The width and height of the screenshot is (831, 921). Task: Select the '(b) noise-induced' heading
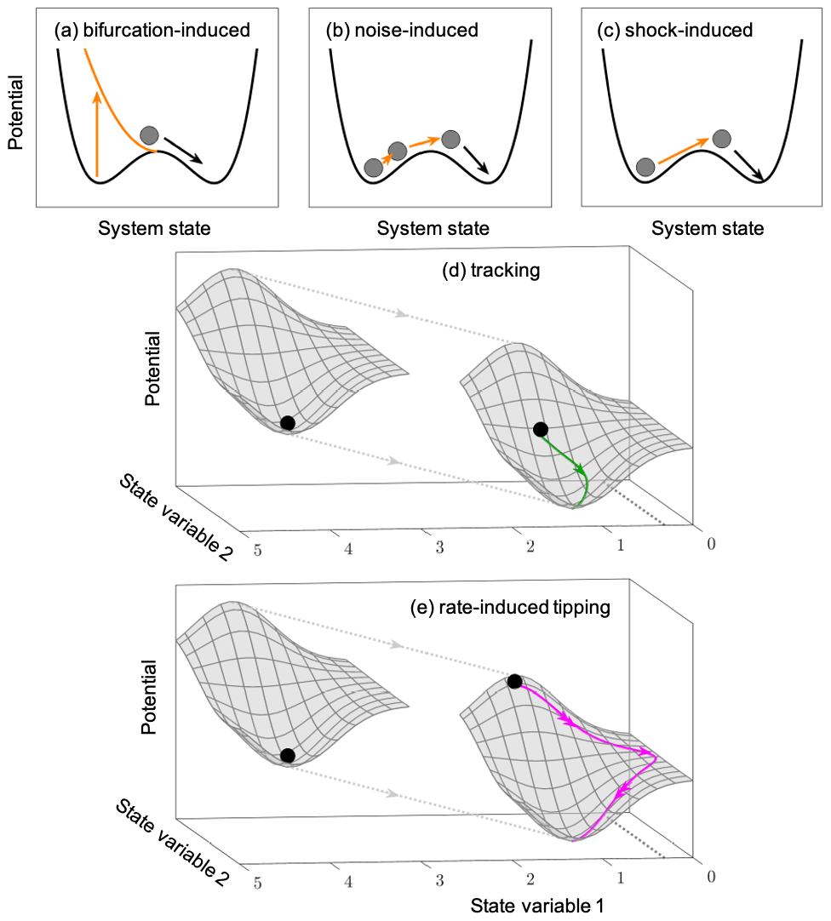pos(402,31)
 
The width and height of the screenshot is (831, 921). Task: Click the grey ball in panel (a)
pos(150,134)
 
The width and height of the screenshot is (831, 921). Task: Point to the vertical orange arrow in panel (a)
pos(97,136)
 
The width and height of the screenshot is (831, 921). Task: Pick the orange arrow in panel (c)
pos(682,149)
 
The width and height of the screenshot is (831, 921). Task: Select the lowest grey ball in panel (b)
pos(373,168)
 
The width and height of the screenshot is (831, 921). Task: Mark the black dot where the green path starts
pos(540,429)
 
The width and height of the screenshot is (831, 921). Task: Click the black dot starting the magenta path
pos(514,681)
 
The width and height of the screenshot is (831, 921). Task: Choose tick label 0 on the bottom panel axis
pos(711,877)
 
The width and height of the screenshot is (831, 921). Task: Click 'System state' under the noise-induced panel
pos(433,228)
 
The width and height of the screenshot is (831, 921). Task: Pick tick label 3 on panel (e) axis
pos(438,880)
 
